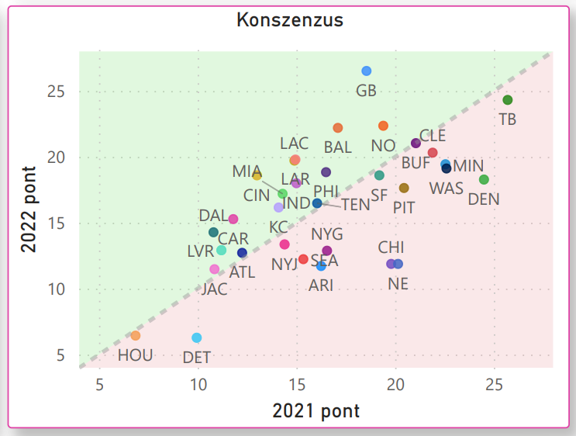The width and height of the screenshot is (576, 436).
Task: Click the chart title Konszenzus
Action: (289, 20)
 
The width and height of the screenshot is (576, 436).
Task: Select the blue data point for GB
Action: (367, 71)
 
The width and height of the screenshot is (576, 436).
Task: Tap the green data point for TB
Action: (508, 100)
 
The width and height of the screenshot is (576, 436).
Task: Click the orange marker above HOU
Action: (136, 336)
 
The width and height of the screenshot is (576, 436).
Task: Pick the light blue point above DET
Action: (197, 338)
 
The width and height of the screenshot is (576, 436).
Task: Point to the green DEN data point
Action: (485, 180)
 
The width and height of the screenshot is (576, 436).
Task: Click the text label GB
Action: (367, 91)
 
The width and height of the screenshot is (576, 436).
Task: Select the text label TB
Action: (508, 119)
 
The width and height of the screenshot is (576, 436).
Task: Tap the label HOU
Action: (136, 355)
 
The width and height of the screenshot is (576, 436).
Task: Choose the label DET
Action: (197, 358)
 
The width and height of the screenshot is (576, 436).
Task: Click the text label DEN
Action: (484, 199)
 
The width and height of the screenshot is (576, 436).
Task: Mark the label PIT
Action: (404, 207)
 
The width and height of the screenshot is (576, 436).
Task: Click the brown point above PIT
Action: (404, 188)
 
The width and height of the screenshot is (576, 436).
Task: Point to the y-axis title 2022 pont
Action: (29, 209)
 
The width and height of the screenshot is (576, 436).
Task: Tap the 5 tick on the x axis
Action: (99, 383)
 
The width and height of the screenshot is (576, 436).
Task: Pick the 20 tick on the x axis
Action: (395, 383)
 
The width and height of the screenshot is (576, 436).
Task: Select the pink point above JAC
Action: (215, 269)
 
